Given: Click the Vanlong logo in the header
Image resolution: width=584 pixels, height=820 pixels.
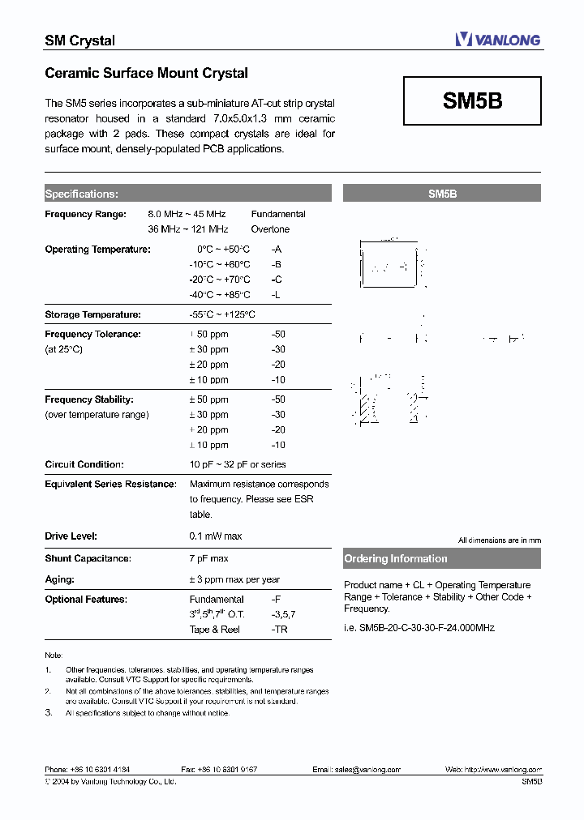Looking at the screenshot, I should (497, 39).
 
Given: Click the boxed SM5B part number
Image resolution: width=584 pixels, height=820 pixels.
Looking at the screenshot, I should (472, 100).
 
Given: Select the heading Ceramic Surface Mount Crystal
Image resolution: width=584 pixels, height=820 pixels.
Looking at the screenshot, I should (146, 74).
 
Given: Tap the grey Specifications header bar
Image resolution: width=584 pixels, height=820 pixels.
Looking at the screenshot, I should (187, 194).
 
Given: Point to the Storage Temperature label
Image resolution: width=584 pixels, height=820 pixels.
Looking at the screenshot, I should (92, 314).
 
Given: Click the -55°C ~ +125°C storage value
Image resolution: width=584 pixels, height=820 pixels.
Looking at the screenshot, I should (221, 314).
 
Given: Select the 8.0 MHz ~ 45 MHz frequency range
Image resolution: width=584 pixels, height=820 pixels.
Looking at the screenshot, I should (187, 214).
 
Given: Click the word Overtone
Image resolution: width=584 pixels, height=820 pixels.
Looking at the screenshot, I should (270, 229).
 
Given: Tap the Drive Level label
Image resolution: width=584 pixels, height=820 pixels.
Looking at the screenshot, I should (71, 536).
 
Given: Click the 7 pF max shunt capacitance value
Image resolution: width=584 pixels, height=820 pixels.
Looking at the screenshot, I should (208, 558).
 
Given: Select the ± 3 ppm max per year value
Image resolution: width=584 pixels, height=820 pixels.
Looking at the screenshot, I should (234, 579).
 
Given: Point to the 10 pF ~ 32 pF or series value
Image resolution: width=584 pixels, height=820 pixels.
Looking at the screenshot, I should (237, 464).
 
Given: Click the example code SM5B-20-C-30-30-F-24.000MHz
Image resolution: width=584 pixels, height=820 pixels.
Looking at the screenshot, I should (419, 628).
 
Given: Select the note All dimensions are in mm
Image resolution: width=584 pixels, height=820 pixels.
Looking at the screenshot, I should (499, 540).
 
